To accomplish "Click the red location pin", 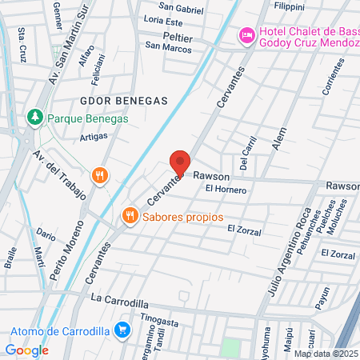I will click(181, 163).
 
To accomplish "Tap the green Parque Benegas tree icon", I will click(34, 118).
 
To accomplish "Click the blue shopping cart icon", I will click(122, 328).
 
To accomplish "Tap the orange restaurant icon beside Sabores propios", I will click(128, 215).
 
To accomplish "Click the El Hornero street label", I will click(226, 190).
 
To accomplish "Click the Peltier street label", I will click(179, 37).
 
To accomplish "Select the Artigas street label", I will click(94, 137).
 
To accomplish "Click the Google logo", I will click(27, 350).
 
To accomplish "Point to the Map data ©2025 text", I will click(326, 353).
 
